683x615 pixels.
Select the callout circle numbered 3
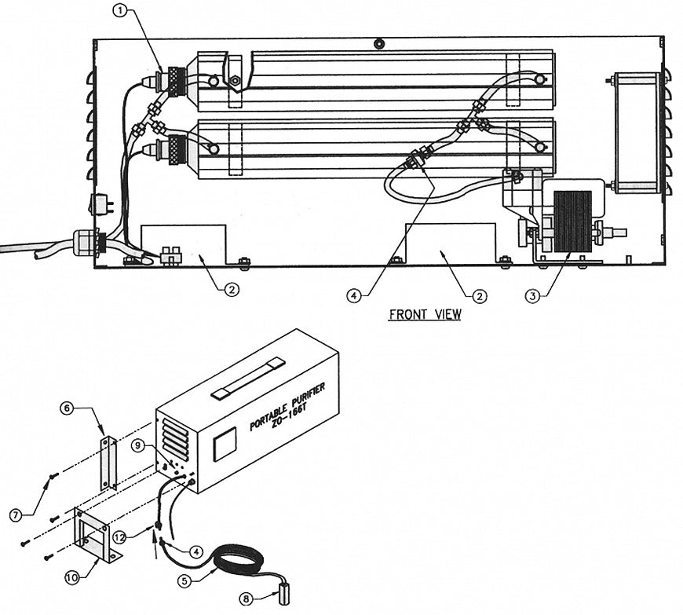[533, 295]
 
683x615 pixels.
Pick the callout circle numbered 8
[247, 598]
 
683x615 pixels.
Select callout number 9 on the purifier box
[139, 445]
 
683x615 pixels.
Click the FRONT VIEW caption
[425, 314]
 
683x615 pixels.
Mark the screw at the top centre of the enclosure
[379, 43]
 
